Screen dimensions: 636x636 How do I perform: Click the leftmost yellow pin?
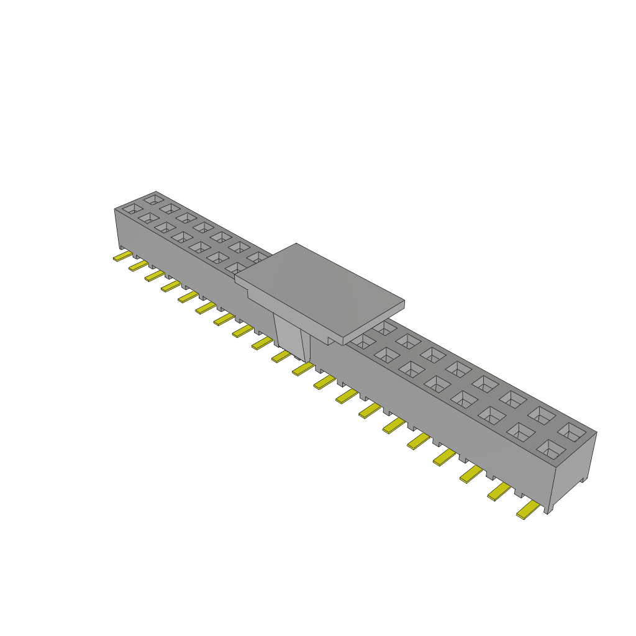click(122, 257)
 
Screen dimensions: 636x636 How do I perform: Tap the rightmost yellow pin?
click(528, 511)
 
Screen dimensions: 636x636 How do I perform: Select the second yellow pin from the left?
click(138, 265)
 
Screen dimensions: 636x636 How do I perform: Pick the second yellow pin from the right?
click(499, 492)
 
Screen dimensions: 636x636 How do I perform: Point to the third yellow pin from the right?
click(472, 475)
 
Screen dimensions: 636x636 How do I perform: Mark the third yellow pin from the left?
click(154, 275)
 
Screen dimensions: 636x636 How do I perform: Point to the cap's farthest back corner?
click(296, 243)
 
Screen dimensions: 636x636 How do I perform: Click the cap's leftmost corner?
click(235, 279)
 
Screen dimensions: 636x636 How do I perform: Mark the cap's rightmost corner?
click(404, 304)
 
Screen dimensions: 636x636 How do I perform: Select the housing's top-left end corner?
click(115, 209)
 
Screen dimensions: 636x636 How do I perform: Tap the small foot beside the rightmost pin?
click(547, 509)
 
